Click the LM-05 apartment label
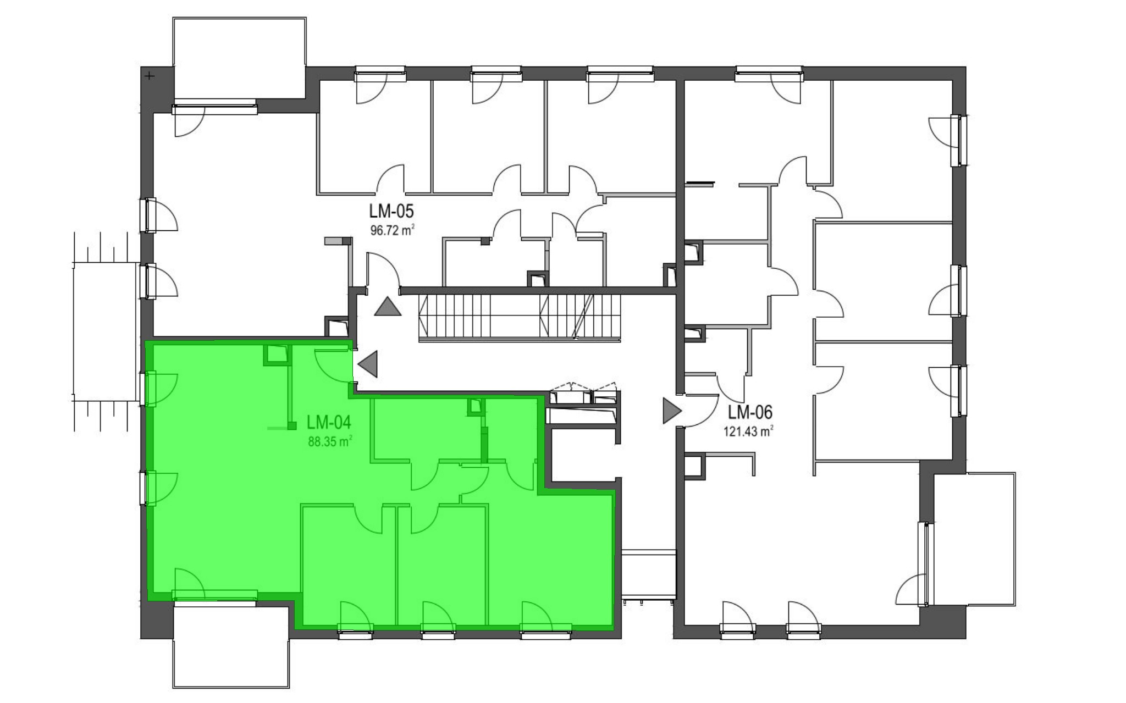tap(391, 211)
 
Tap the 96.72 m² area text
tap(392, 229)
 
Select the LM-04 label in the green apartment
tap(329, 422)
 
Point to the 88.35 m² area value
tap(330, 441)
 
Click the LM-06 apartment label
tap(750, 412)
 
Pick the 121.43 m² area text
tap(748, 431)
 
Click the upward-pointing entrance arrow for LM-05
tap(388, 306)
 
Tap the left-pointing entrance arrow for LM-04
tap(368, 363)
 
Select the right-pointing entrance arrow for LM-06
tap(672, 411)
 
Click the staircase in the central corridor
tap(520, 317)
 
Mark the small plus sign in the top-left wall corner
tap(150, 76)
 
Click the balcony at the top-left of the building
tap(239, 58)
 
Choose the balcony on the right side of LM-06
tap(974, 539)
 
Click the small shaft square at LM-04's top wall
tap(277, 355)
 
